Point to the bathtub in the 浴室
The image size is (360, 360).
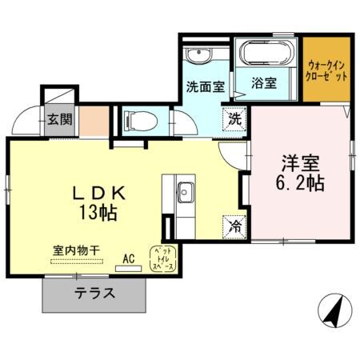tap(266, 54)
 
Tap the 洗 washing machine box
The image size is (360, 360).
tap(236, 118)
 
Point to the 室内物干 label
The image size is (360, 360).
tap(70, 250)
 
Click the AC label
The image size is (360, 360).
tap(129, 258)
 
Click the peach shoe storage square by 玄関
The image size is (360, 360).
tap(90, 121)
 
